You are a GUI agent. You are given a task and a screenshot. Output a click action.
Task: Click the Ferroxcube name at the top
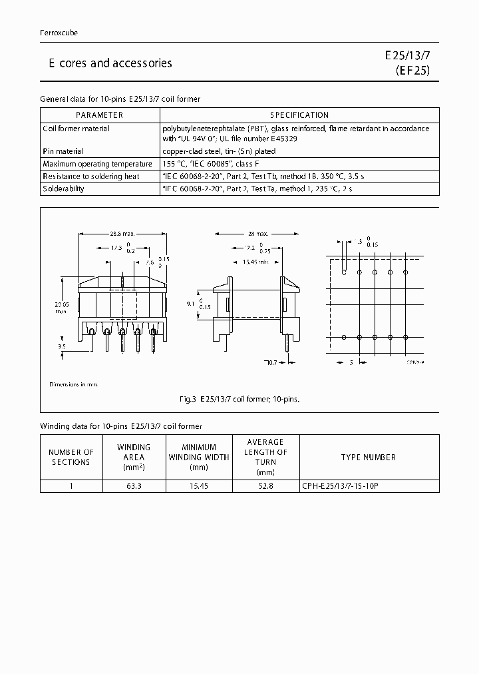[x=59, y=33]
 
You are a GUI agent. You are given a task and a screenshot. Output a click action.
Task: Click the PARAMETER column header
[x=100, y=115]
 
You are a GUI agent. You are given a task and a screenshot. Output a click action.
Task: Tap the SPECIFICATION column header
[x=299, y=115]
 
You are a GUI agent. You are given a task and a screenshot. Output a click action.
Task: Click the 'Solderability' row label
[x=63, y=188]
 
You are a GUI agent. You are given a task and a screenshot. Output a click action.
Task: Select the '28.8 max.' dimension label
[x=122, y=234]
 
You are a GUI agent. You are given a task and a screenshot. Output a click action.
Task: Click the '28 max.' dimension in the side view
[x=258, y=234]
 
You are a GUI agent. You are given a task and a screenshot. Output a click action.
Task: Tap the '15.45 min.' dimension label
[x=256, y=260]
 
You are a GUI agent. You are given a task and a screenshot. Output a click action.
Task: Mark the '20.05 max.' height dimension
[x=61, y=307]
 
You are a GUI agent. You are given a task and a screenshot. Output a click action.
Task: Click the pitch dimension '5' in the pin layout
[x=351, y=362]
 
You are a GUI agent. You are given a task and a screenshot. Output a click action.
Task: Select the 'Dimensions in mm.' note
[x=73, y=385]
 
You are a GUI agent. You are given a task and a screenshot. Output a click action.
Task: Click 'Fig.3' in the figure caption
[x=188, y=400]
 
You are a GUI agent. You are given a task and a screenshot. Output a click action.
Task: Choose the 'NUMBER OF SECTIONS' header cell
[x=71, y=457]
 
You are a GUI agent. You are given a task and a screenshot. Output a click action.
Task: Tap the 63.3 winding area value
[x=134, y=486]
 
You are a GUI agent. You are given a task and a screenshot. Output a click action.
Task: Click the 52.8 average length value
[x=265, y=486]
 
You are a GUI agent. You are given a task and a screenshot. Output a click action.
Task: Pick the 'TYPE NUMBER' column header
[x=369, y=457]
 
